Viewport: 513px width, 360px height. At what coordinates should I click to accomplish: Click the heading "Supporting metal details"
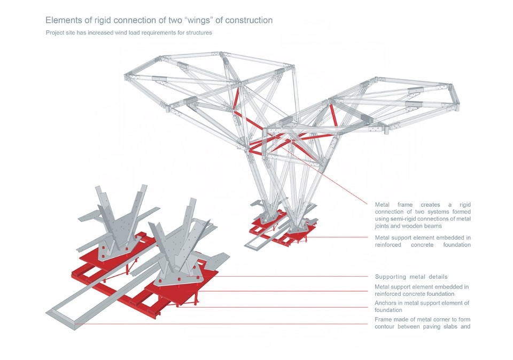[x=411, y=277]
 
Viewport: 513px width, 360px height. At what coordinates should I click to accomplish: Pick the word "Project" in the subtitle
[x=56, y=33]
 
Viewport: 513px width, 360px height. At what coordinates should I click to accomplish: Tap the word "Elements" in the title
[x=63, y=20]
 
